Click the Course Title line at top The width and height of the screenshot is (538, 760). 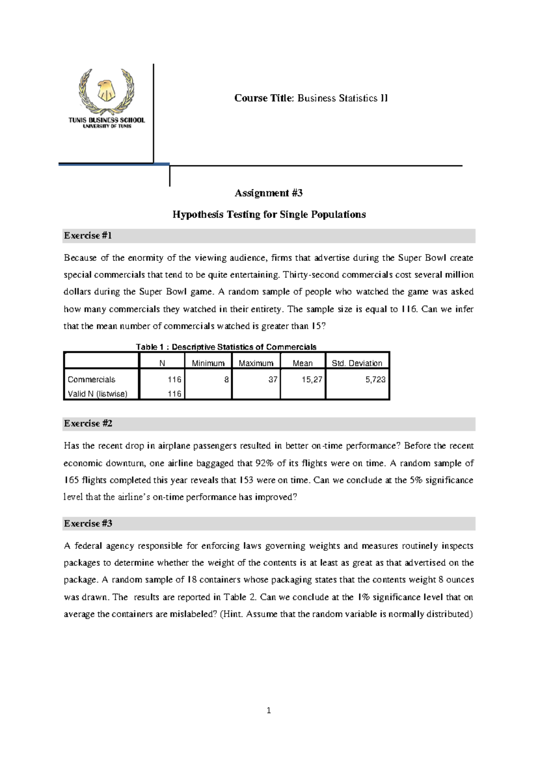click(311, 98)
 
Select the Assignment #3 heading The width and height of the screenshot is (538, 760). click(269, 193)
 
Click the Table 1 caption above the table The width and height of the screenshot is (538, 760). click(226, 347)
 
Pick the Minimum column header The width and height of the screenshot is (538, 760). click(208, 363)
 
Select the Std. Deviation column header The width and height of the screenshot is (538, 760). click(357, 363)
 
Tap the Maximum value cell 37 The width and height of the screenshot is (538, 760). click(273, 380)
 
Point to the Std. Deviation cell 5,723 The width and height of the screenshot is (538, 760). click(375, 380)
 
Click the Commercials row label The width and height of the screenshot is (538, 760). click(91, 380)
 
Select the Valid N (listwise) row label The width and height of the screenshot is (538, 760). click(97, 394)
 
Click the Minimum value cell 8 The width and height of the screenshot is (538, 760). click(226, 380)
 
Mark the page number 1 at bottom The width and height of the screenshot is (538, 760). click(269, 710)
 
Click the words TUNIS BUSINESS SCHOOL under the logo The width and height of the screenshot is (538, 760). click(106, 120)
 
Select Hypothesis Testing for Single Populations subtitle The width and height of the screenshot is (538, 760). click(269, 215)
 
